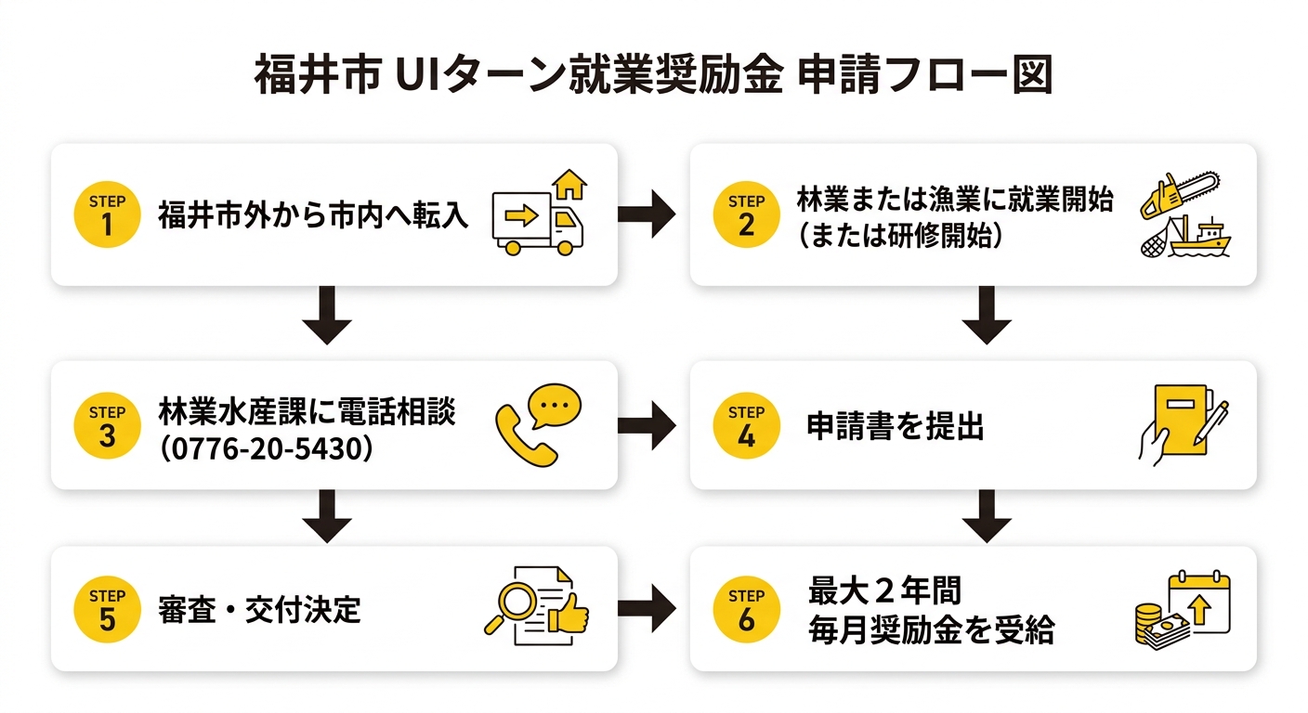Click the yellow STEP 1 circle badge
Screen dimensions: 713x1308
[107, 215]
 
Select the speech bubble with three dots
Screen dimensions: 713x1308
[554, 405]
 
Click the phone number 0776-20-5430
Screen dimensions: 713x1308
[267, 448]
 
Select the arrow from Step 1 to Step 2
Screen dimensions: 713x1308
[647, 215]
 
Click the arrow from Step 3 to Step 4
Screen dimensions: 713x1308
[647, 426]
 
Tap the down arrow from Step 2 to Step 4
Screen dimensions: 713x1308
[987, 317]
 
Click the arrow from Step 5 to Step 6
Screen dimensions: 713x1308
[647, 609]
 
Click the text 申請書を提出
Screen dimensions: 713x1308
[896, 427]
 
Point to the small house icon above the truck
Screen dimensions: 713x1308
[569, 184]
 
